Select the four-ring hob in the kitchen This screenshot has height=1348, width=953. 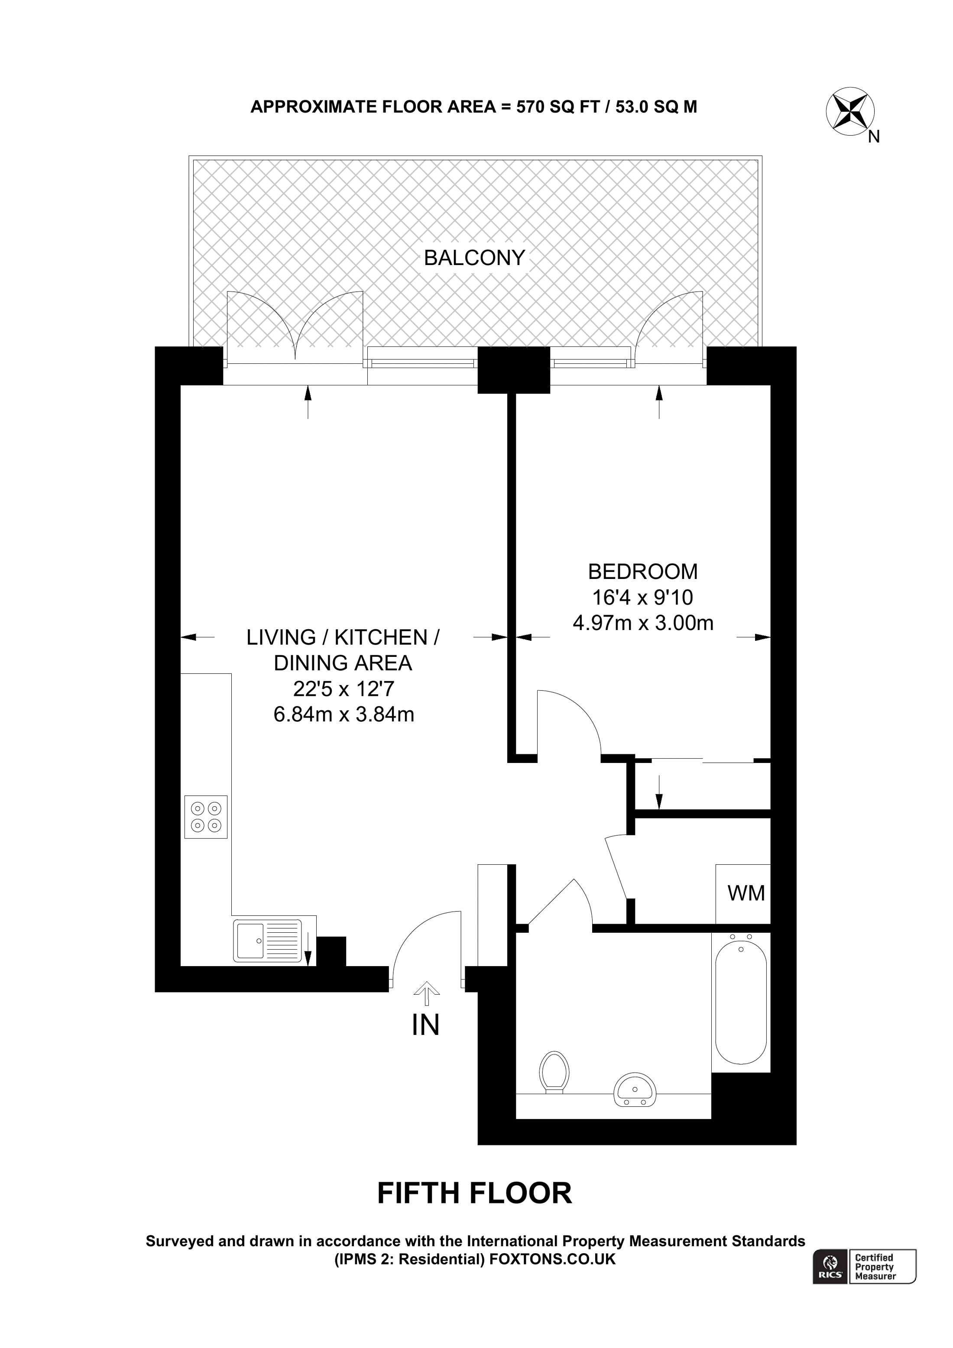click(206, 817)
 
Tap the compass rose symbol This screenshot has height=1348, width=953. click(850, 111)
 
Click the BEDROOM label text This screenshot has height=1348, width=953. click(643, 571)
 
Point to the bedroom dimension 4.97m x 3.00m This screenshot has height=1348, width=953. click(643, 623)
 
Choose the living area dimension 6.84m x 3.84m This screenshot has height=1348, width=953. click(344, 714)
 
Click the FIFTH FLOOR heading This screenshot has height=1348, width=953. click(474, 1193)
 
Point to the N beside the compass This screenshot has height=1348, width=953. click(874, 137)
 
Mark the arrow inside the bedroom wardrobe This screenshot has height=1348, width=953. click(659, 792)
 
